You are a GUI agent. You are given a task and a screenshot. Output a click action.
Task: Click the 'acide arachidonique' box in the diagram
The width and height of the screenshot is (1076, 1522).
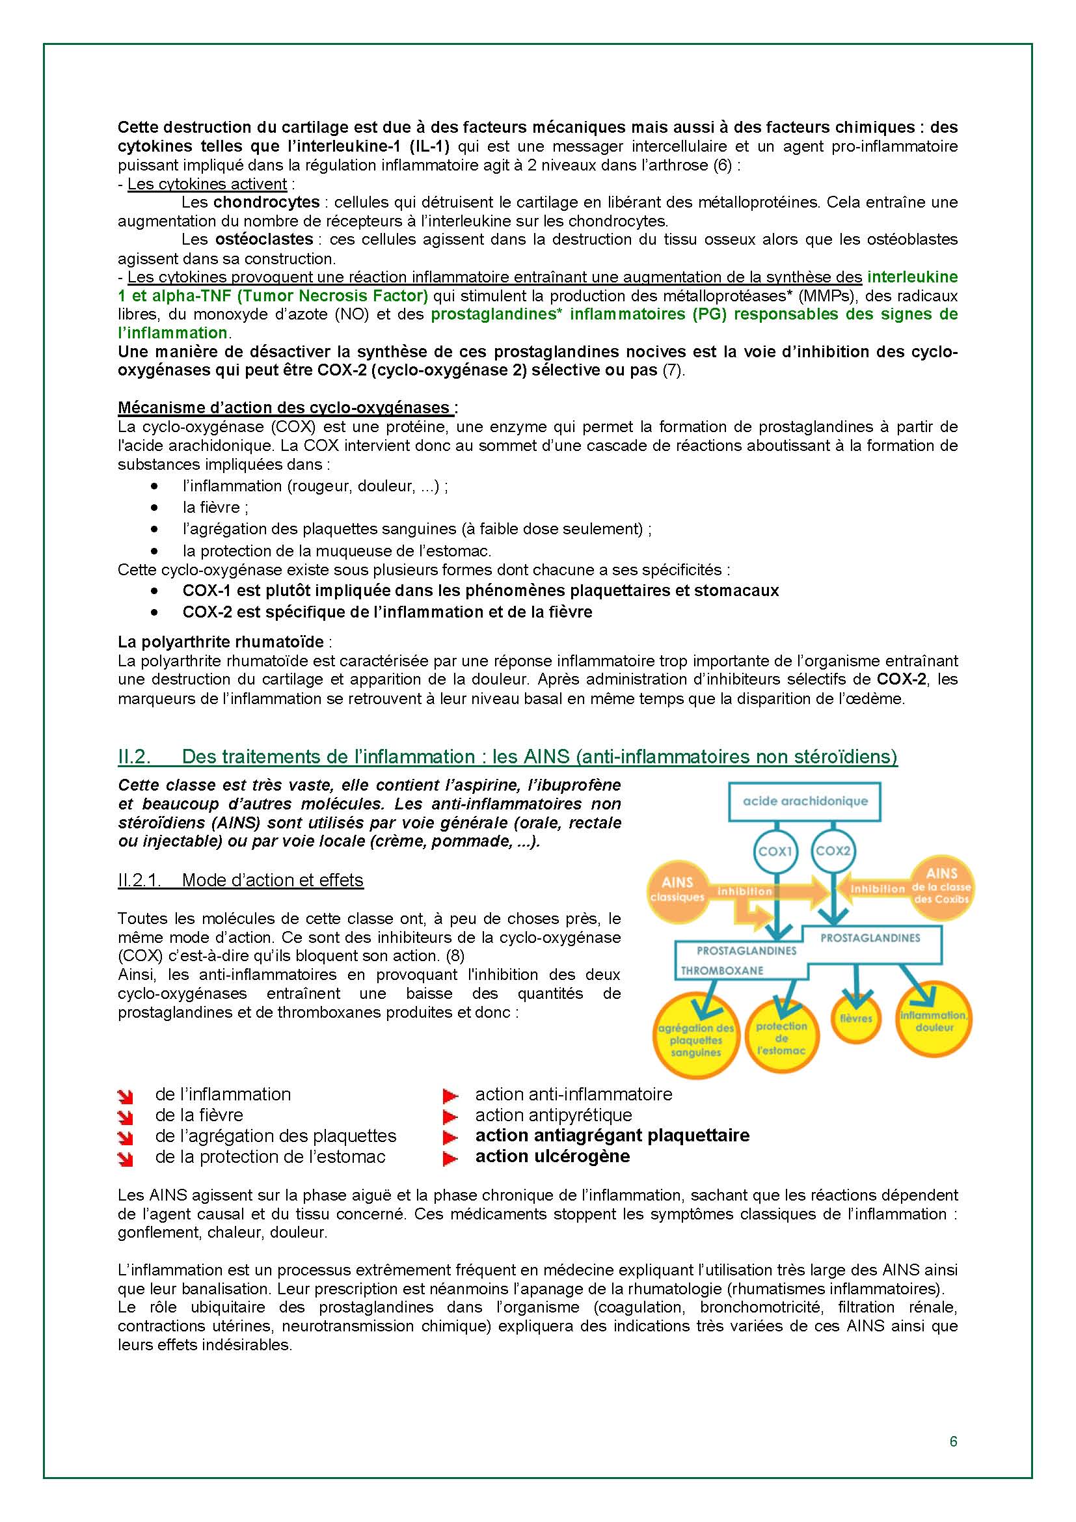pyautogui.click(x=804, y=801)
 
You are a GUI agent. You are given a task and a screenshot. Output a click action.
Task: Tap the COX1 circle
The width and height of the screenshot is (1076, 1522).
pyautogui.click(x=775, y=851)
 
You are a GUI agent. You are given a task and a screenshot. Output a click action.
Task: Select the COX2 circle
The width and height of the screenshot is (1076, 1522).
pyautogui.click(x=833, y=850)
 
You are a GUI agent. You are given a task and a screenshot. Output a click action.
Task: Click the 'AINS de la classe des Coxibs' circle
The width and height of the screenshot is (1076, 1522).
pyautogui.click(x=941, y=886)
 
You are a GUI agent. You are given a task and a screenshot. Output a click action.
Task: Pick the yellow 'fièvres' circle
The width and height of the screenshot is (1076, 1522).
pyautogui.click(x=856, y=1018)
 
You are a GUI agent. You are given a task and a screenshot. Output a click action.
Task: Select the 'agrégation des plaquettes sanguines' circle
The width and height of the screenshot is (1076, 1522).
pyautogui.click(x=695, y=1039)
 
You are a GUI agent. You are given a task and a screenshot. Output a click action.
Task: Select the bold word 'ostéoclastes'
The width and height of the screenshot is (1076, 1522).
pyautogui.click(x=264, y=239)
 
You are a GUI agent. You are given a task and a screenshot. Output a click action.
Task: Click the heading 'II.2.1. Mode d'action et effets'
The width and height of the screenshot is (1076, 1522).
pyautogui.click(x=241, y=880)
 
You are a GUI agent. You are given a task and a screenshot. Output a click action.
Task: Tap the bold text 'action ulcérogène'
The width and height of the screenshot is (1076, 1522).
pyautogui.click(x=552, y=1156)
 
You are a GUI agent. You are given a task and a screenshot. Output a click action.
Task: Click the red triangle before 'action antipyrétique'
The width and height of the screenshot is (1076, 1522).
pyautogui.click(x=451, y=1117)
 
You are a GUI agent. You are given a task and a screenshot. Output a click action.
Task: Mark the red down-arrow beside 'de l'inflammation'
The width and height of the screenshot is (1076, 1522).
pyautogui.click(x=125, y=1096)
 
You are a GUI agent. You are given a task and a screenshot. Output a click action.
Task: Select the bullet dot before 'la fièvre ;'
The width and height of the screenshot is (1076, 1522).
pyautogui.click(x=154, y=508)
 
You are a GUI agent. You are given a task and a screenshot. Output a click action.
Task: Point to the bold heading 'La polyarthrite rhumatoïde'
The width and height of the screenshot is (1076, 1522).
pyautogui.click(x=221, y=642)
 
